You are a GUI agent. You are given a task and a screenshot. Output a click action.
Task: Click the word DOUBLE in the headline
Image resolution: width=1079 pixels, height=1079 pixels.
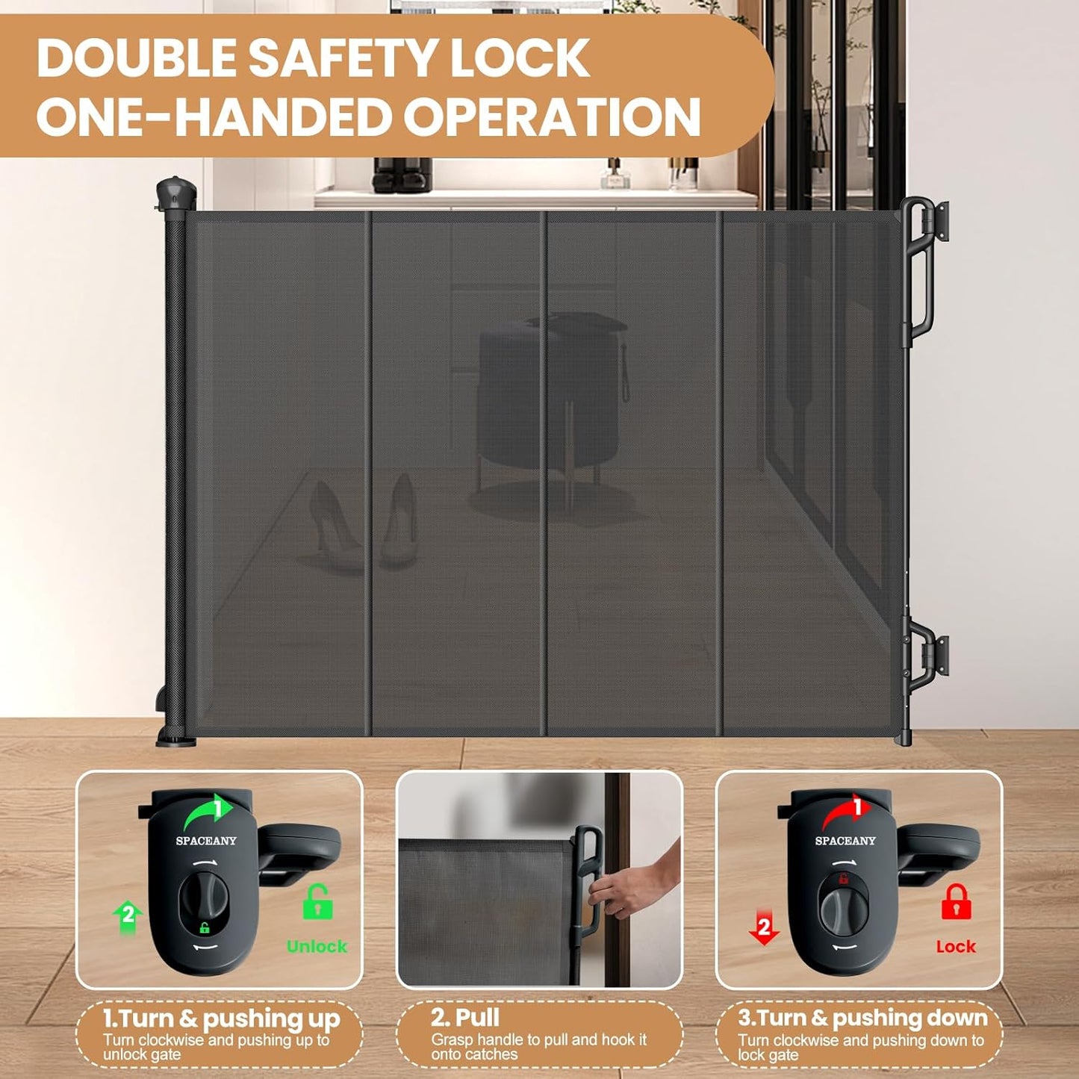(x=137, y=57)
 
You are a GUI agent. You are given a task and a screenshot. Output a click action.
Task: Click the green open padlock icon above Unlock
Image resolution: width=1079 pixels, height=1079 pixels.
(x=317, y=901)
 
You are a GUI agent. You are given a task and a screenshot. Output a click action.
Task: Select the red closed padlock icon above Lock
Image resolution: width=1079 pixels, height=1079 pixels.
(x=956, y=901)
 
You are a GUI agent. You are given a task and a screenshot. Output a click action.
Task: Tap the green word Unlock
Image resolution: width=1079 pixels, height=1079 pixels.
(x=317, y=946)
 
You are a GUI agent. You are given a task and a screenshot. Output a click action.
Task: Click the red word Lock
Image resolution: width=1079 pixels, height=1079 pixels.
(x=956, y=946)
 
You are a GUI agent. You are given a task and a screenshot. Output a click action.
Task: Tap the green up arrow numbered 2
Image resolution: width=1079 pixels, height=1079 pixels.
(x=128, y=915)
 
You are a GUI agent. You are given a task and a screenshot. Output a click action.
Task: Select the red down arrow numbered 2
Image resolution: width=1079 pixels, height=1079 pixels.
(x=763, y=928)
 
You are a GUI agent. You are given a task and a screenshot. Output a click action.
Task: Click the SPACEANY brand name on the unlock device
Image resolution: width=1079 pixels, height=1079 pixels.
(x=206, y=841)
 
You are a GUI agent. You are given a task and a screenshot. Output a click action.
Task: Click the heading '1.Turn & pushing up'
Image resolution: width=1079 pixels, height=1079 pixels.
(x=221, y=1019)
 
